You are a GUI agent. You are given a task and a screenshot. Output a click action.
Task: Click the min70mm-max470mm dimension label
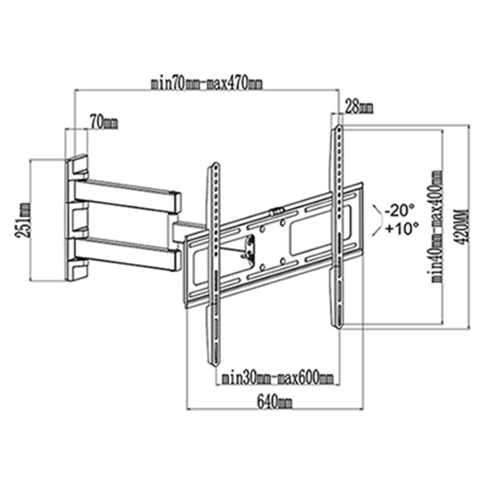tap(207, 83)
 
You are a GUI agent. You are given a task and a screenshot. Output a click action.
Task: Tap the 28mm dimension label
tap(358, 107)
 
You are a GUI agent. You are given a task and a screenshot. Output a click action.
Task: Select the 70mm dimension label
tap(104, 122)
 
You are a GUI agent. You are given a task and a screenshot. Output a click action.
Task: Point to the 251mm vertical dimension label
tap(23, 220)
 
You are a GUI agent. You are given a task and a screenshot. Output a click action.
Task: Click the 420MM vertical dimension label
tap(463, 226)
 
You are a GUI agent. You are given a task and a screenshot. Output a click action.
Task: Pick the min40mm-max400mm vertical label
tap(437, 226)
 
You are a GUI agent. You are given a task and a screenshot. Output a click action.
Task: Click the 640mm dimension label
tap(275, 402)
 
